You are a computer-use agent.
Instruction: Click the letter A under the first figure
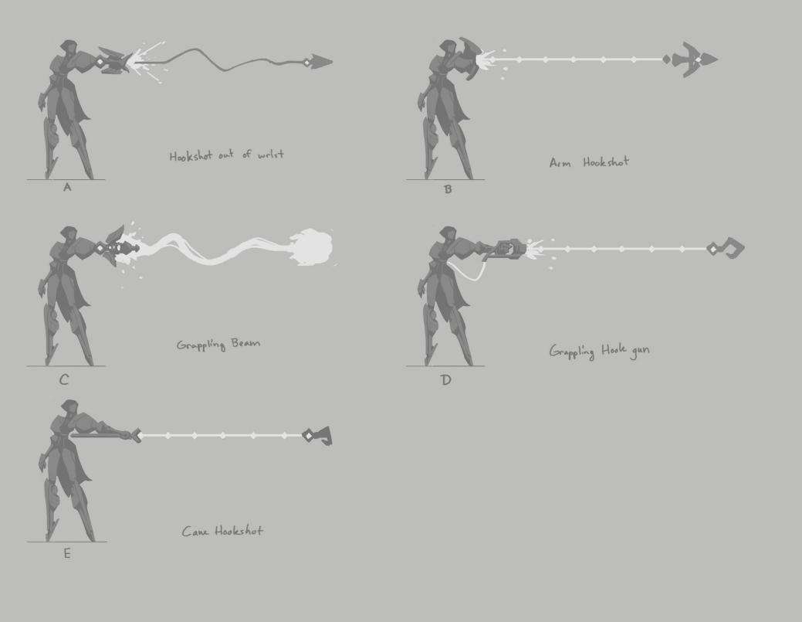(x=67, y=187)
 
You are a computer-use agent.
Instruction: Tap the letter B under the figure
(x=448, y=189)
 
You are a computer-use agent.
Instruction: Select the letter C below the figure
(x=64, y=380)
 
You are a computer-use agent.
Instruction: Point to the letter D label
(x=446, y=380)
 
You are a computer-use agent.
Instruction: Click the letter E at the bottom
(x=67, y=553)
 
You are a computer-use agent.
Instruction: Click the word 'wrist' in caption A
(x=271, y=154)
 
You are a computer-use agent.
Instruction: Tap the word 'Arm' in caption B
(x=560, y=163)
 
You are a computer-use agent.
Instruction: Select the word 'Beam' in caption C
(x=245, y=343)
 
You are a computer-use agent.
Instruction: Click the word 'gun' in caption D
(x=641, y=352)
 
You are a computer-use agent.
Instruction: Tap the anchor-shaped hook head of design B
(x=691, y=59)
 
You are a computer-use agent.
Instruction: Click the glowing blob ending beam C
(x=311, y=247)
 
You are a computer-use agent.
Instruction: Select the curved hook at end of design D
(x=726, y=248)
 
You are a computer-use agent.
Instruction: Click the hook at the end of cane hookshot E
(x=317, y=436)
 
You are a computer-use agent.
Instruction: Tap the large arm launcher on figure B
(x=469, y=58)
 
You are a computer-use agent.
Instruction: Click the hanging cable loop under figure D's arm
(x=466, y=270)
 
